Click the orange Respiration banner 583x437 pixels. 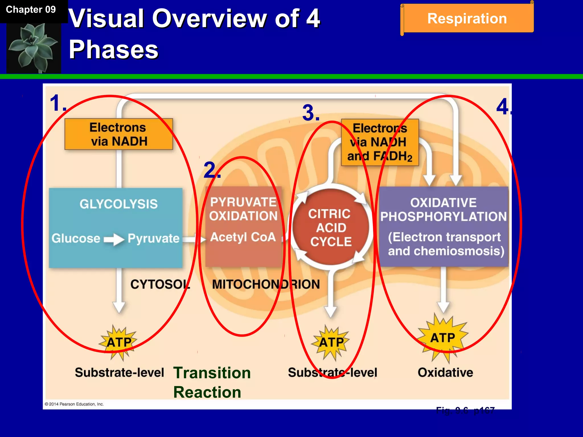point(467,18)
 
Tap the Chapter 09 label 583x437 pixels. point(31,10)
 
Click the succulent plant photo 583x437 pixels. point(34,48)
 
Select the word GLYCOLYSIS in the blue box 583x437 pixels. point(118,204)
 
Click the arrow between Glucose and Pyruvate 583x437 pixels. point(114,239)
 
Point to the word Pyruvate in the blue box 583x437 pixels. point(153,238)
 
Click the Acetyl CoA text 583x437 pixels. point(243,237)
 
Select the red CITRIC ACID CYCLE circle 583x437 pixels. point(330,228)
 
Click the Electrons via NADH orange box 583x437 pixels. point(119,134)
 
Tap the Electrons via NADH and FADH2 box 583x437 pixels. point(380,142)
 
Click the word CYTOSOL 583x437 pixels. point(160,284)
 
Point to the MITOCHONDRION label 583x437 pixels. point(266,284)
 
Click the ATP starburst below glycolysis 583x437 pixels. point(118,342)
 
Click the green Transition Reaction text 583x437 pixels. point(212,382)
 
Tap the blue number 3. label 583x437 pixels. point(311,113)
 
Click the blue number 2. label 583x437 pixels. point(212,170)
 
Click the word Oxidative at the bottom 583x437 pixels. point(445,372)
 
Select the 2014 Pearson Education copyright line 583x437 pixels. point(74,404)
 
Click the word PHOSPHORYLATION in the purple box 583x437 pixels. point(444,217)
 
